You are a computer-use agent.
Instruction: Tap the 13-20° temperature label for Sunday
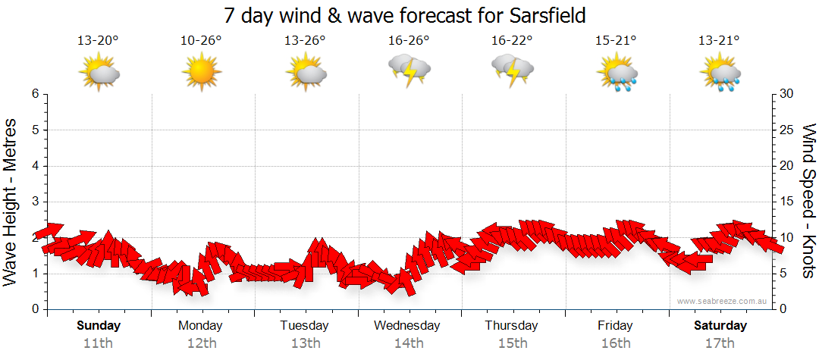[x=98, y=40]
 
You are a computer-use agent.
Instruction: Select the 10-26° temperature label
[x=201, y=40]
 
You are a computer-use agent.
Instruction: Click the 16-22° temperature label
[x=511, y=40]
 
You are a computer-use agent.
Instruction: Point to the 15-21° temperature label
[x=615, y=40]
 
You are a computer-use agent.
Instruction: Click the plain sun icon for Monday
[x=201, y=73]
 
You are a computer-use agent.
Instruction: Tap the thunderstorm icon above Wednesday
[x=409, y=71]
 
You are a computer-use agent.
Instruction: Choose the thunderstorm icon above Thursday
[x=512, y=71]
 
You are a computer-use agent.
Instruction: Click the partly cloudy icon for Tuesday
[x=305, y=73]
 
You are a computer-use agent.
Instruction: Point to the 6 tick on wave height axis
[x=35, y=94]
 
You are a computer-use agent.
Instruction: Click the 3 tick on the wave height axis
[x=35, y=202]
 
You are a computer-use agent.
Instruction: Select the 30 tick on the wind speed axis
[x=787, y=94]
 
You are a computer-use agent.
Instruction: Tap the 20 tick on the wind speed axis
[x=787, y=166]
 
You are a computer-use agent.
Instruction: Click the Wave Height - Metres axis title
[x=11, y=202]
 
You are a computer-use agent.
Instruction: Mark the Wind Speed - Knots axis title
[x=808, y=202]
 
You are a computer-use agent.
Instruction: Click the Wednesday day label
[x=407, y=326]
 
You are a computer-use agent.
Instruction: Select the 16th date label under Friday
[x=615, y=343]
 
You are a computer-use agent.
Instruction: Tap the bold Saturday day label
[x=720, y=326]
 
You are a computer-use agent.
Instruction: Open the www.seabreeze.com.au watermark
[x=723, y=301]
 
